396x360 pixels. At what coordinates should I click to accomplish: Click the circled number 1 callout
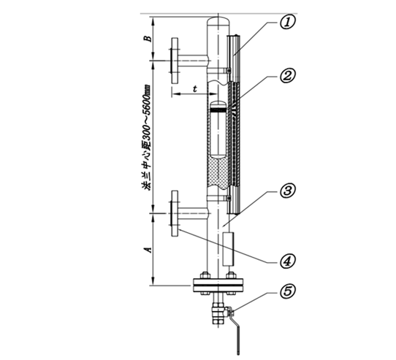click(287, 23)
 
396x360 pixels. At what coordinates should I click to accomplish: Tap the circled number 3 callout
click(287, 191)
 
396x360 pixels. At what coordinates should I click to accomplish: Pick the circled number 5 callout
click(287, 291)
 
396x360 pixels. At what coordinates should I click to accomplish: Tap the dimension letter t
click(195, 89)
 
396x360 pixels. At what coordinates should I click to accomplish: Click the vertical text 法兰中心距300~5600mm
click(147, 137)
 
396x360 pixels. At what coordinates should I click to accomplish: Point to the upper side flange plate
click(175, 61)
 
